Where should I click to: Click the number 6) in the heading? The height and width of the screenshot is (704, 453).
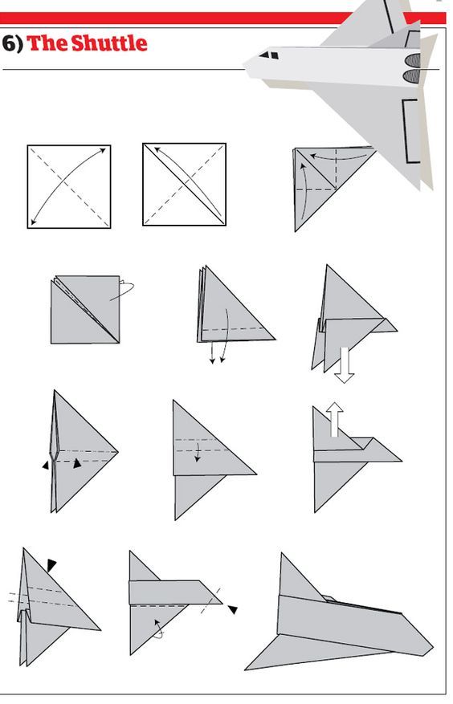point(12,43)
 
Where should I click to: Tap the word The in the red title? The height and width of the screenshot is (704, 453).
point(47,43)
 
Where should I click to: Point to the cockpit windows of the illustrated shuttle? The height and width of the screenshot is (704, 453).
point(271,56)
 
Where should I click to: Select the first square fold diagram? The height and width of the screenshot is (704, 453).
point(69,186)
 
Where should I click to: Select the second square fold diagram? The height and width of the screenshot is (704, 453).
point(184,185)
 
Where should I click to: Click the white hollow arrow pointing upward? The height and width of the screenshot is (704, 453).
point(334,419)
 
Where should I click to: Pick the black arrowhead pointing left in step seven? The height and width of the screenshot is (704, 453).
point(46,464)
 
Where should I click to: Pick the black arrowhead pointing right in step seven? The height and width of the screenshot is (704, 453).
point(77,463)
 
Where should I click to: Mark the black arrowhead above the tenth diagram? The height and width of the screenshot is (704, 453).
point(51,565)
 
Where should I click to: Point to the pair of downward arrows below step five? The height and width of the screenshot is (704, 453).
point(218,353)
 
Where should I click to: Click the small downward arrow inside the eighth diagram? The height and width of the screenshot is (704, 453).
point(198,455)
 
